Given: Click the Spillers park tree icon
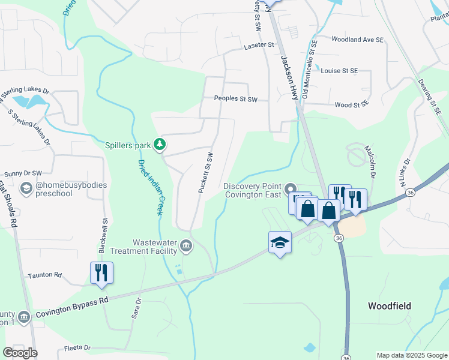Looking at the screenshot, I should pyautogui.click(x=160, y=145).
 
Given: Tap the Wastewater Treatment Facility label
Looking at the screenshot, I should pyautogui.click(x=149, y=247).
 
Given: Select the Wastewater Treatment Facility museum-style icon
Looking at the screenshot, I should pyautogui.click(x=186, y=246).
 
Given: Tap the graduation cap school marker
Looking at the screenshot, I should pyautogui.click(x=280, y=242).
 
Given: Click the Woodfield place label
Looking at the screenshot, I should pyautogui.click(x=390, y=306).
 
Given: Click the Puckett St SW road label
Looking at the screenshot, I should pyautogui.click(x=206, y=172).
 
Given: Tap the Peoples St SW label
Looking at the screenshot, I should pyautogui.click(x=236, y=99).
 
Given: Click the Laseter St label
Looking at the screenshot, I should pyautogui.click(x=259, y=45).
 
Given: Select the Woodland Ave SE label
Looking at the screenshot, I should pyautogui.click(x=357, y=40).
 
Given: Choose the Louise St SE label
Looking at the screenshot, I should pyautogui.click(x=339, y=71).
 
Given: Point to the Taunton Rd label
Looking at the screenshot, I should pyautogui.click(x=45, y=275).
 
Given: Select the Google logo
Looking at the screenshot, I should pyautogui.click(x=20, y=353).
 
